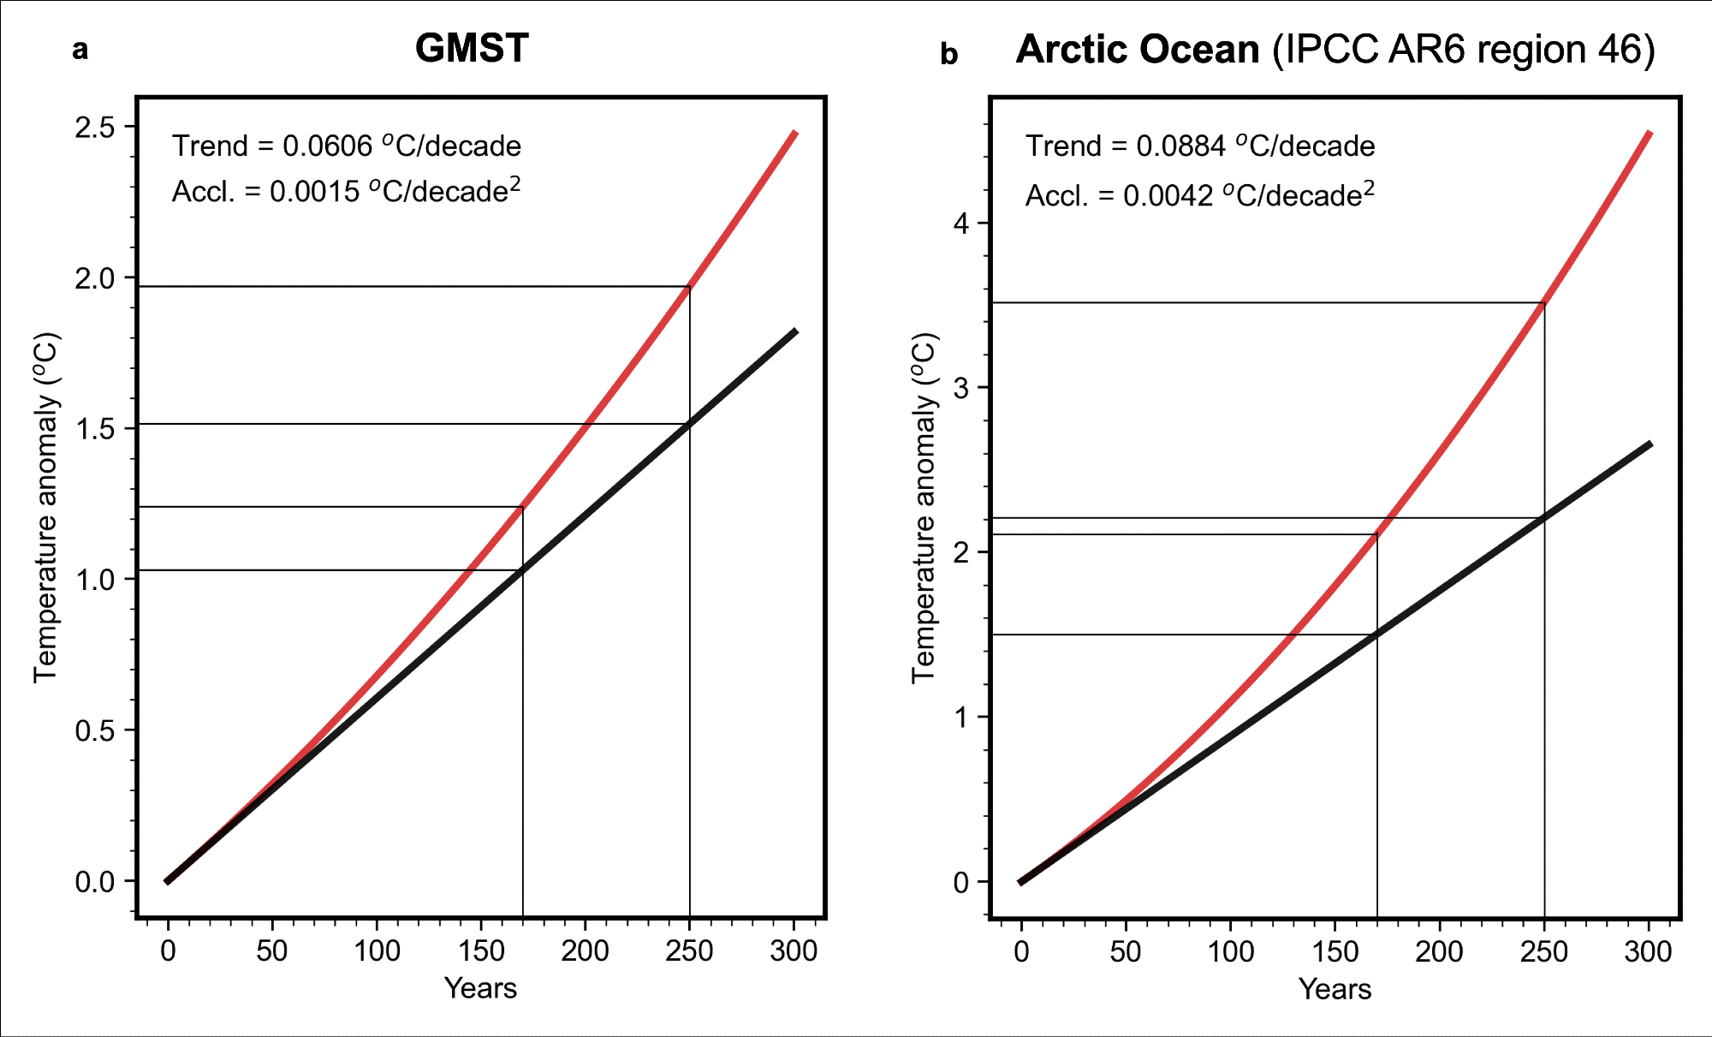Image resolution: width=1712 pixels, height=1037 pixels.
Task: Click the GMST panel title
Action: tap(472, 49)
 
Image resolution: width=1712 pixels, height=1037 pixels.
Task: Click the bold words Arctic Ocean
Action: tap(1138, 50)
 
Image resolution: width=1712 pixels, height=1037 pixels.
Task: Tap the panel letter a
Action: tap(80, 50)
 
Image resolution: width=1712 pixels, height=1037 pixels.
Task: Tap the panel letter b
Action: tap(948, 54)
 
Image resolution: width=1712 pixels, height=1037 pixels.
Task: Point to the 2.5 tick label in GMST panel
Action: tap(94, 128)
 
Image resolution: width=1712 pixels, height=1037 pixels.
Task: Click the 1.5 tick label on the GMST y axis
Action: tap(94, 429)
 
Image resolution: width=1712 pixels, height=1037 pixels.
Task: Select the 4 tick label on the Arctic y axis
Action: tap(962, 223)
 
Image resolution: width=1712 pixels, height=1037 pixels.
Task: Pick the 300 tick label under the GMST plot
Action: tap(794, 951)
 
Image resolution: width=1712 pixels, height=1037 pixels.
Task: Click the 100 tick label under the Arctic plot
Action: tap(1230, 951)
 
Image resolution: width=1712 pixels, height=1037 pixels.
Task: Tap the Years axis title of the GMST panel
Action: tap(480, 988)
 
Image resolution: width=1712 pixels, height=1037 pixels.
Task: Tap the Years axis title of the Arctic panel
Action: tap(1335, 989)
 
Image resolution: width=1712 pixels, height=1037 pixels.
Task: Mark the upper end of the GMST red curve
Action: tap(795, 133)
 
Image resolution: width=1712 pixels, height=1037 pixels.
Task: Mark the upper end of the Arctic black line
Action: tap(1650, 444)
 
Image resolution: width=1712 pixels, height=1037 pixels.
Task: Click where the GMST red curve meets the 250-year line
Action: tap(690, 287)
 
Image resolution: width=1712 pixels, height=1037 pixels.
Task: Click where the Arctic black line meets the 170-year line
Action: tap(1377, 635)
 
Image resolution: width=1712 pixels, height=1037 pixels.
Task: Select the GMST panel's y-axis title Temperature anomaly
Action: tap(46, 507)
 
